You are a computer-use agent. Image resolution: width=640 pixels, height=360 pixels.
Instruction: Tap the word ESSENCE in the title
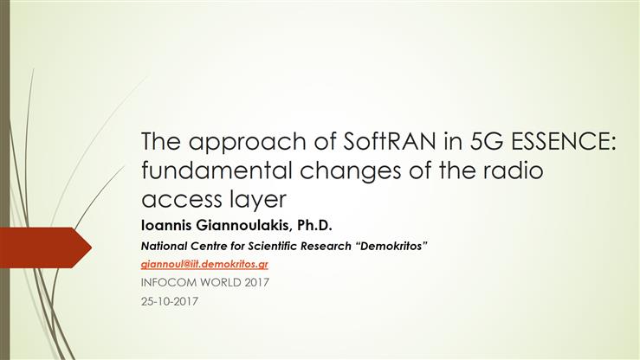(x=564, y=142)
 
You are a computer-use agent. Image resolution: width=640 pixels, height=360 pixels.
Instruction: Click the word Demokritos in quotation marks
(x=391, y=247)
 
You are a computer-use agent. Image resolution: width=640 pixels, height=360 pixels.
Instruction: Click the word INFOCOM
(x=170, y=283)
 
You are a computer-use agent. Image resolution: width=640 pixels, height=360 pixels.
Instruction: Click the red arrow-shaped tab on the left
(x=43, y=247)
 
